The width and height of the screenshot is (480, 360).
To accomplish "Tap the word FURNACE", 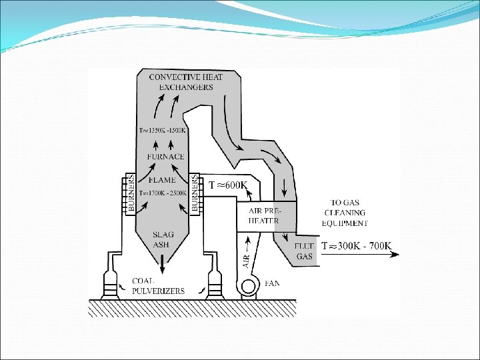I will [162, 157].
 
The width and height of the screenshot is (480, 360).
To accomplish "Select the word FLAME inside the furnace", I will [162, 179].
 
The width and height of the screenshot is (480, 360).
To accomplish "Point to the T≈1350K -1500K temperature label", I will [162, 129].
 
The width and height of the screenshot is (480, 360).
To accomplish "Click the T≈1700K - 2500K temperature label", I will [162, 193].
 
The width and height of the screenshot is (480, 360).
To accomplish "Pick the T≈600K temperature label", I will [229, 185].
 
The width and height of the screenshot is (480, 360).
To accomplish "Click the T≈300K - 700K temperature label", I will [357, 246].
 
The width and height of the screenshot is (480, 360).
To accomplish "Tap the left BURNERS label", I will [132, 193].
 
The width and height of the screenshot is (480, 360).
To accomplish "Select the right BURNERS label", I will [195, 193].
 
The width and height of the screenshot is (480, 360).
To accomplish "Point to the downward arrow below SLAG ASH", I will [162, 265].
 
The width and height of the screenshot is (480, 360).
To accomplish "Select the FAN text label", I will [272, 283].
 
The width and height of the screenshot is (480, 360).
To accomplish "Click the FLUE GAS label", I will [304, 251].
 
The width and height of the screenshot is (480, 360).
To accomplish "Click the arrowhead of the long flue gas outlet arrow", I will [395, 254].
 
